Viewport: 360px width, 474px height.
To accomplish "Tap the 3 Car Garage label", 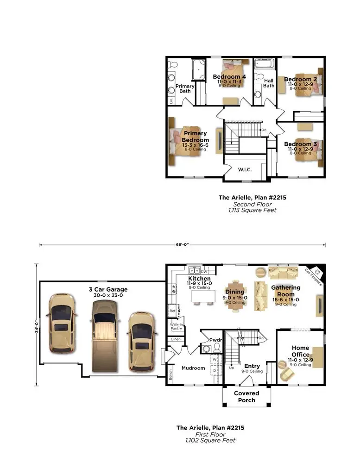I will tap(108, 289).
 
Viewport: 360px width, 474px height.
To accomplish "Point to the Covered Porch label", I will tap(246, 397).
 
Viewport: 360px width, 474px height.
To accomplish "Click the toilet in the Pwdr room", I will tap(216, 348).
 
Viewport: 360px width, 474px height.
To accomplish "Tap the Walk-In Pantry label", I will tap(176, 327).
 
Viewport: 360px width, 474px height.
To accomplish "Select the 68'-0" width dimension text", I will tap(183, 244).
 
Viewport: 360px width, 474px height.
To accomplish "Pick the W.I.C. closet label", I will tap(245, 170).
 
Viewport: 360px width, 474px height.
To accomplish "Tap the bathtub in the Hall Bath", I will tap(265, 64).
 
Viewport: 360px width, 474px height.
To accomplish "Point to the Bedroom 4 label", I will tap(229, 76).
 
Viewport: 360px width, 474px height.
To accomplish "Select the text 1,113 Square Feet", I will tap(252, 210).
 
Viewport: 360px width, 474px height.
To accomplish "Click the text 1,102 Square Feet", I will tap(210, 440).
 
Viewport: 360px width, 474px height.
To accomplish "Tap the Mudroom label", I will tap(193, 368).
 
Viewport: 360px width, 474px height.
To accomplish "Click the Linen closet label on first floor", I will tap(176, 339).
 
